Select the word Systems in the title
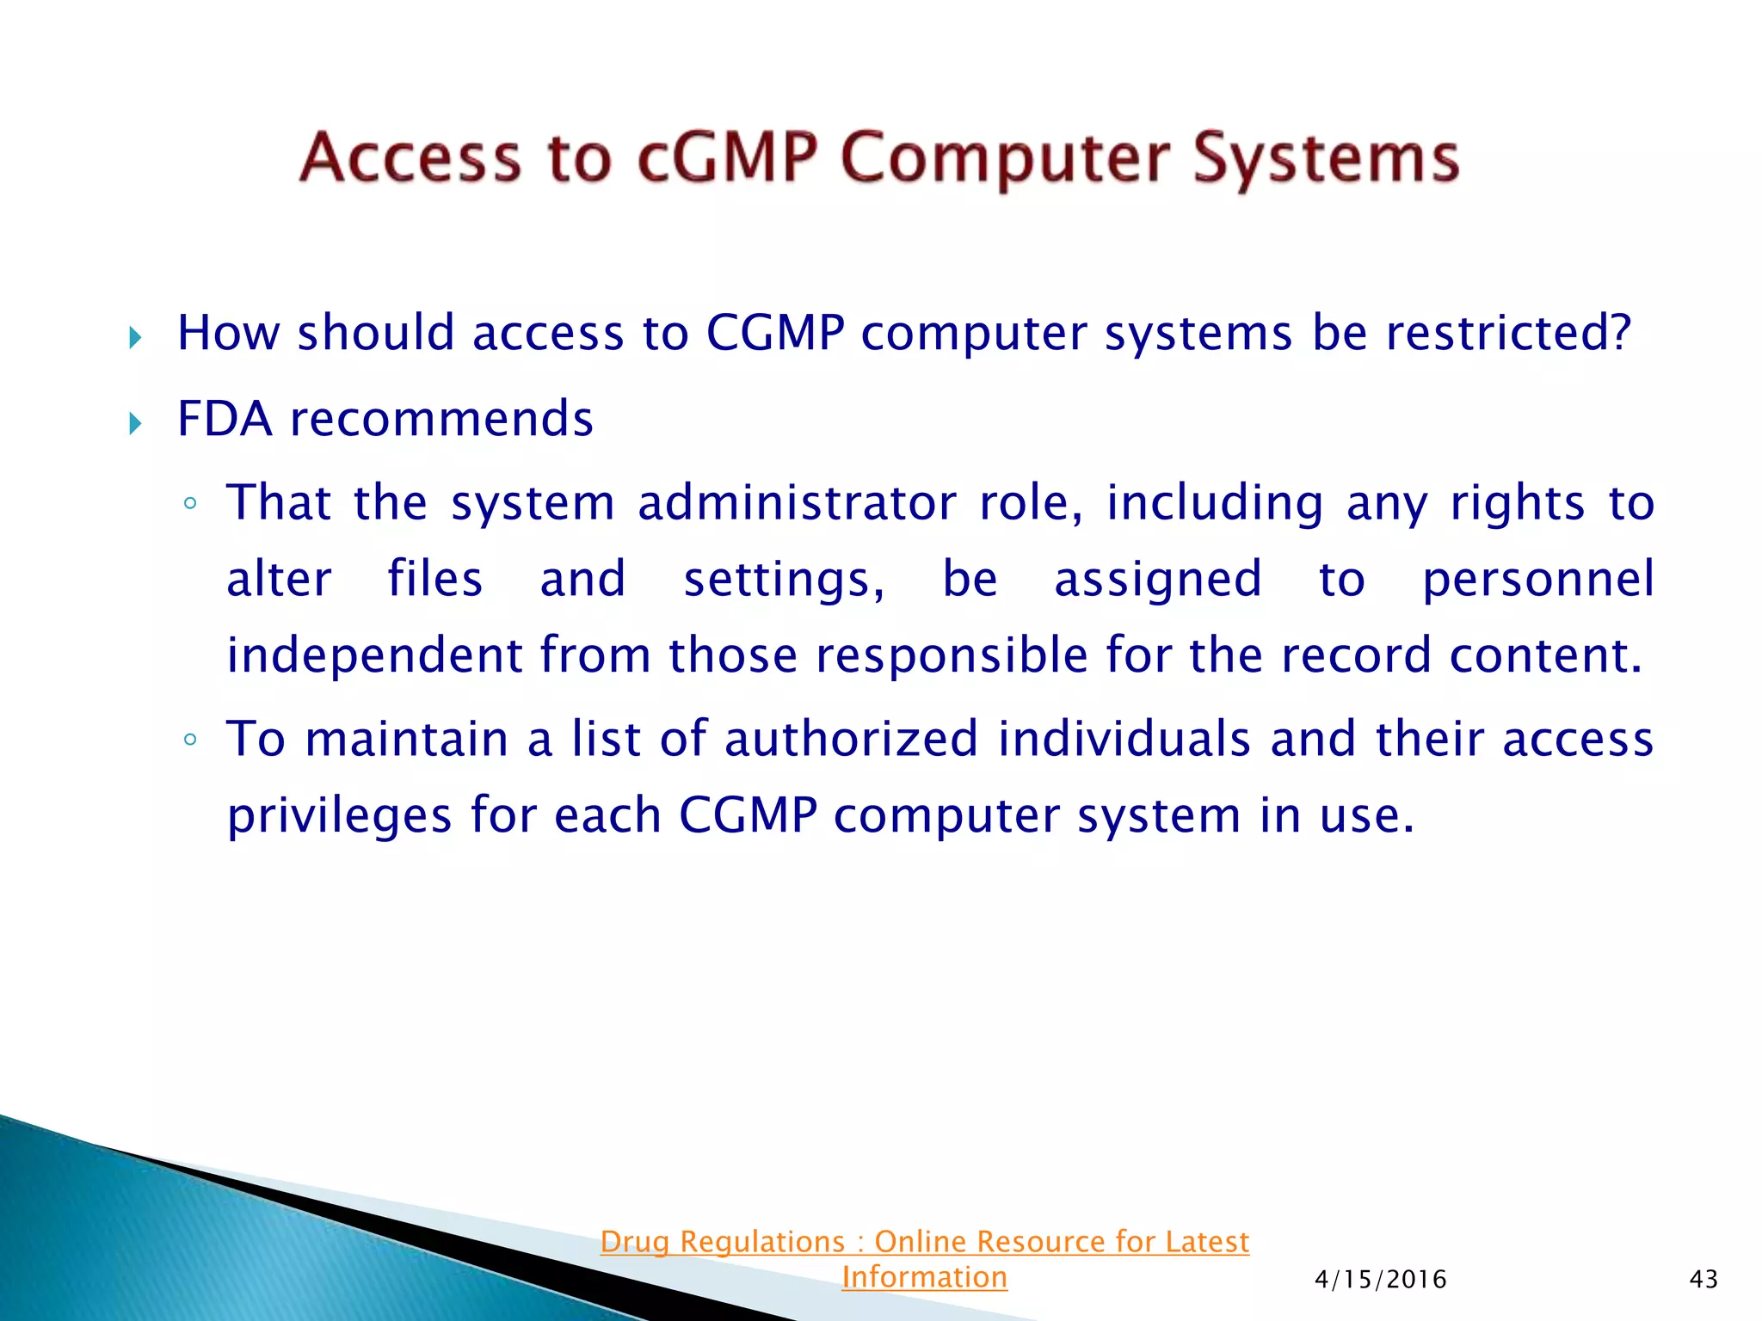[x=1326, y=160]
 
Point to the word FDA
[x=225, y=419]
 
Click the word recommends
[x=441, y=420]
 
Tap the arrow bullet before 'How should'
[x=135, y=337]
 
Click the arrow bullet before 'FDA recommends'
[x=135, y=423]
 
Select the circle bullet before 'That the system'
[x=191, y=504]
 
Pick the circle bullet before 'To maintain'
[x=191, y=740]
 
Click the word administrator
[x=797, y=502]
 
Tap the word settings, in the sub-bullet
[x=784, y=580]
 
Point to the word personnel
[x=1537, y=580]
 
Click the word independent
[x=374, y=655]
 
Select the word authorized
[x=851, y=740]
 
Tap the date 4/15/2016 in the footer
[x=1380, y=1280]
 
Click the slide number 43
[x=1703, y=1280]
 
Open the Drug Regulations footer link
[x=924, y=1242]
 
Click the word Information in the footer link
[x=924, y=1277]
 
